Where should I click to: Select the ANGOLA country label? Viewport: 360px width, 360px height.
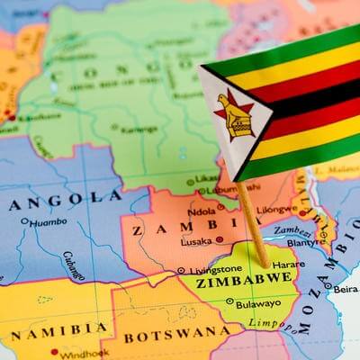coord(67,198)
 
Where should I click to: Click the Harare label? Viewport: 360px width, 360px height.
coord(286,265)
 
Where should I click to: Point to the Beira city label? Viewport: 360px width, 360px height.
coord(345,290)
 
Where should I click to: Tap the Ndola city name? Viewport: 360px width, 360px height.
coord(201,212)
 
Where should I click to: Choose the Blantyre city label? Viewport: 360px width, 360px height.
coord(306,242)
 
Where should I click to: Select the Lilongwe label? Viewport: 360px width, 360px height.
coord(276,210)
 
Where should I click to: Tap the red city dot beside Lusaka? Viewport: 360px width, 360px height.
coord(219,240)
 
